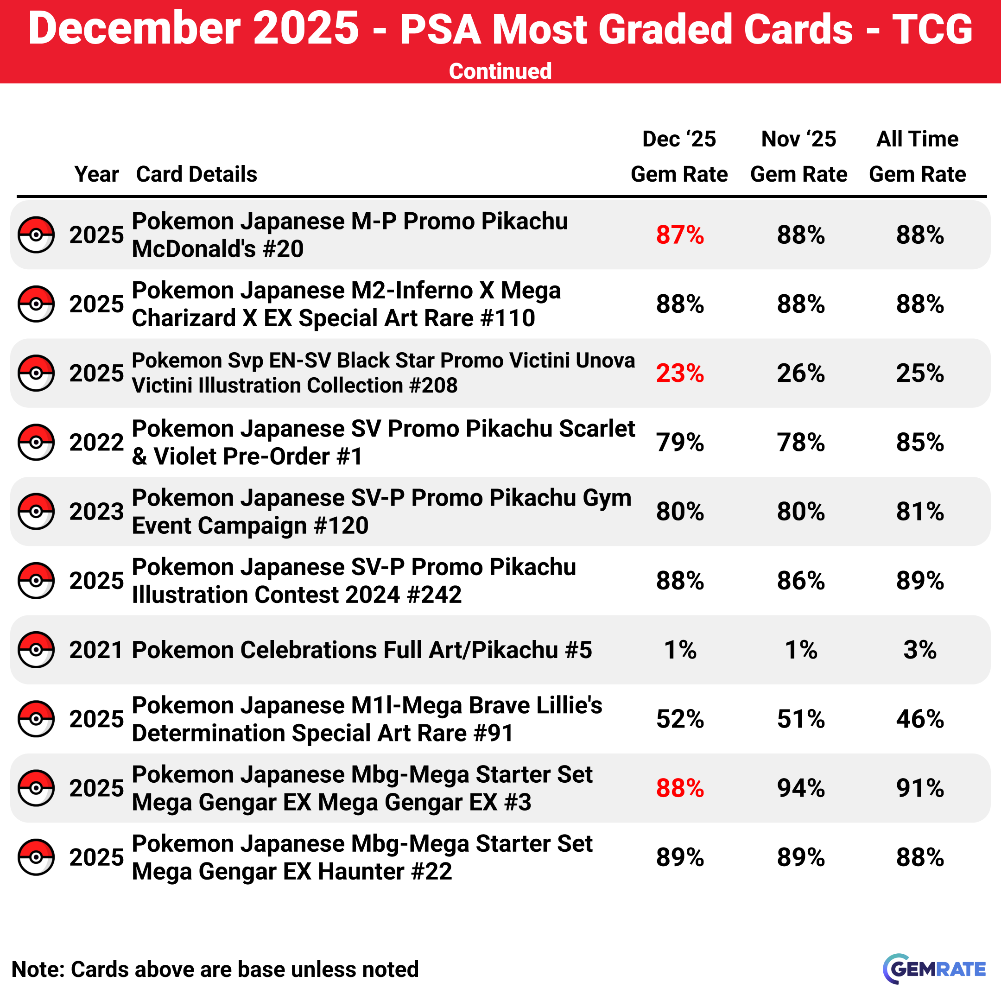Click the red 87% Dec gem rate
pos(680,235)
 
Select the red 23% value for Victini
pos(680,374)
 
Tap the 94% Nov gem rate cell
pos(800,788)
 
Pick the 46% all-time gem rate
pos(920,719)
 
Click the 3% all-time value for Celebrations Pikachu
pos(920,650)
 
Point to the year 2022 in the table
pos(96,443)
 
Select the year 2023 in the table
pos(96,512)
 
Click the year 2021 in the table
pos(96,650)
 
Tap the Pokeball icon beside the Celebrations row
pos(36,650)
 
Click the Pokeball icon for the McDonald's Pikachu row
pos(36,235)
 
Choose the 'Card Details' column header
pos(196,174)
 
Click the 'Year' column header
pos(96,174)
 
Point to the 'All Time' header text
pos(917,139)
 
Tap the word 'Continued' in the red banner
pos(500,71)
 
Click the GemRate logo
pos(934,969)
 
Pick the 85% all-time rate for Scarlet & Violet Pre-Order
pos(920,443)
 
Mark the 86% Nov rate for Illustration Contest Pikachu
pos(800,581)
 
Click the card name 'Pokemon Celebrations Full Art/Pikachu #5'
pos(361,650)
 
